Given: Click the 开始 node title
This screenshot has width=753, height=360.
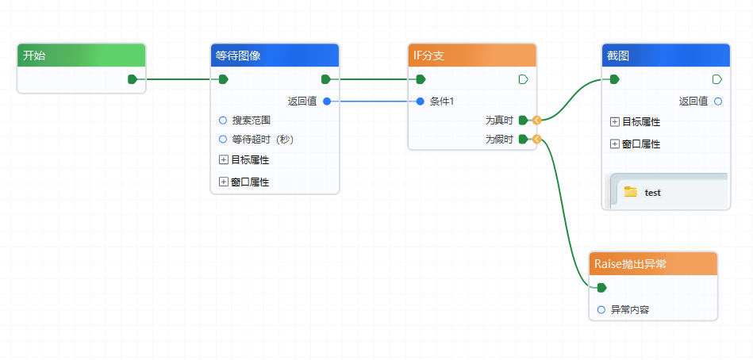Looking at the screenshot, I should pos(34,56).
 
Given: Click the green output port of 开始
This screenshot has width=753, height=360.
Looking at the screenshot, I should pos(133,79).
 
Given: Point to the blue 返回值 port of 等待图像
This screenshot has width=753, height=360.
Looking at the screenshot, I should pos(327,101).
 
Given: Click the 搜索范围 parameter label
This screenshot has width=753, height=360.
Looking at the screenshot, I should pos(251,121).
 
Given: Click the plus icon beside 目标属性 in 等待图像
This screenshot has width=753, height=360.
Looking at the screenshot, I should pos(223,159).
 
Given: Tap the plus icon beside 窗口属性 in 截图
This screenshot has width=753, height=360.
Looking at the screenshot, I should pos(614,144).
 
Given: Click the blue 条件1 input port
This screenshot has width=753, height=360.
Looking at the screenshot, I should pos(421,101).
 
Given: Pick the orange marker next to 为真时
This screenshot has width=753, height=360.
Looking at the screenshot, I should pos(537,121).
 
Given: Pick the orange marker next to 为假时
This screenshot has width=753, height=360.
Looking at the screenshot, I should pos(537,140).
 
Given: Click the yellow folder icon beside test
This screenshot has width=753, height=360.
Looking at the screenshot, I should pos(631,192).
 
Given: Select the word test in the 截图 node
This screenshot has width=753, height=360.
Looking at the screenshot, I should pos(652,193).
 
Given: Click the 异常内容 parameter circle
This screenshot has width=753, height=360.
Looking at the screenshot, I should pos(601,309).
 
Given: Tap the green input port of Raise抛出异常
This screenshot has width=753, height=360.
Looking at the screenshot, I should pos(601,287).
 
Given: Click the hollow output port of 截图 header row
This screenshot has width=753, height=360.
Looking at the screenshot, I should pos(717,79).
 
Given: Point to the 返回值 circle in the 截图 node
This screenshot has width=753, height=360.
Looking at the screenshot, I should pos(718,101).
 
